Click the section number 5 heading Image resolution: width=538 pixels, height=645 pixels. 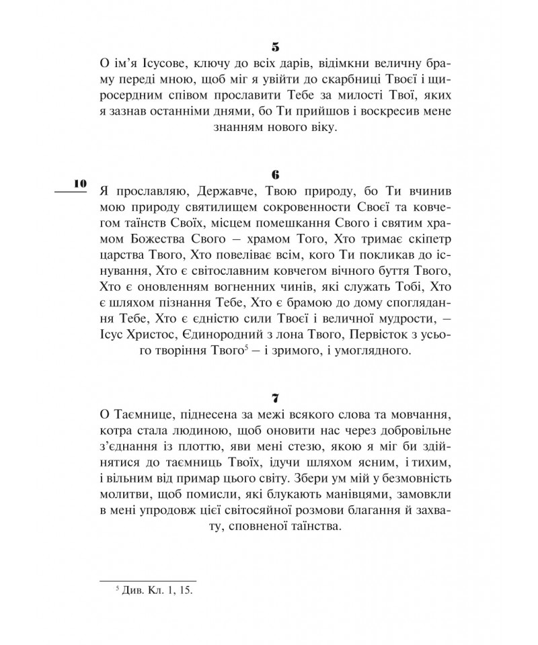click(276, 47)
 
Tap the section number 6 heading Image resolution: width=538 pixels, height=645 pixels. click(276, 173)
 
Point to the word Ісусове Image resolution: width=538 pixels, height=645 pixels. click(156, 64)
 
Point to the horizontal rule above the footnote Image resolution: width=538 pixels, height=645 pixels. click(148, 579)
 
